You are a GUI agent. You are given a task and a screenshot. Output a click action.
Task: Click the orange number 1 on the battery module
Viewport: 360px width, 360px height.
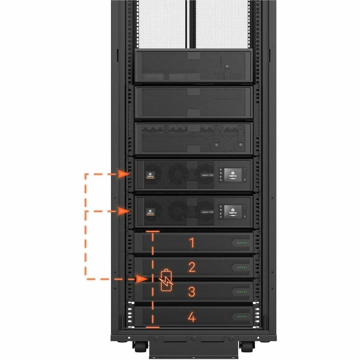coord(192,243)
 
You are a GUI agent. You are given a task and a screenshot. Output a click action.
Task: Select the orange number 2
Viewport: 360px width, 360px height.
coord(192,267)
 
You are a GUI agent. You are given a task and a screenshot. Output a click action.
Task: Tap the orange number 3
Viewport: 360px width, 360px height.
coord(192,292)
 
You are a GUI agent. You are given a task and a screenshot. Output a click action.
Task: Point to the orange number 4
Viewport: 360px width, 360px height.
coord(192,317)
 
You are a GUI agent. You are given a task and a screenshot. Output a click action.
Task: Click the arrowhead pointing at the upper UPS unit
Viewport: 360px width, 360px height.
coord(124,174)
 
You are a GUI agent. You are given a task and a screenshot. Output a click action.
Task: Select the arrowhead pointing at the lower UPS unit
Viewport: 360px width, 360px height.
coord(124,211)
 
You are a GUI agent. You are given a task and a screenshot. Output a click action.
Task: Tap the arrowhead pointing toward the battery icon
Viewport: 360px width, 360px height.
coord(142,279)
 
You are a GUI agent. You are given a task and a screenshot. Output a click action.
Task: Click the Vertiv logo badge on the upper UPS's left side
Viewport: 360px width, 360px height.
coord(151,175)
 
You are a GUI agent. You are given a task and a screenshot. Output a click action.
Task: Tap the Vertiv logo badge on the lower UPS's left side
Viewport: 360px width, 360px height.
coord(151,212)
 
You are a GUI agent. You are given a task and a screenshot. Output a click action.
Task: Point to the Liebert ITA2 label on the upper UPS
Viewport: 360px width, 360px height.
coord(207,174)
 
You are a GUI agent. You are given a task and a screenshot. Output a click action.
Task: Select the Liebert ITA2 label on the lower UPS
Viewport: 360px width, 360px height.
coord(207,211)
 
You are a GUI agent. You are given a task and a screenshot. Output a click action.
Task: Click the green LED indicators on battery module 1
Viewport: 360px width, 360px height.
coord(242,243)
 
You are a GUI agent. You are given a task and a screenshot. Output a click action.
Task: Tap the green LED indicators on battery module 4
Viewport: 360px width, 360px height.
coord(242,316)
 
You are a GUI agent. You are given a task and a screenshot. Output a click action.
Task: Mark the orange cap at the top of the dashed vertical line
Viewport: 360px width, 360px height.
coord(152,231)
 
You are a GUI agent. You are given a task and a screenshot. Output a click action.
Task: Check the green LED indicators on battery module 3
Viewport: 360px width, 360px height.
coord(242,292)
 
